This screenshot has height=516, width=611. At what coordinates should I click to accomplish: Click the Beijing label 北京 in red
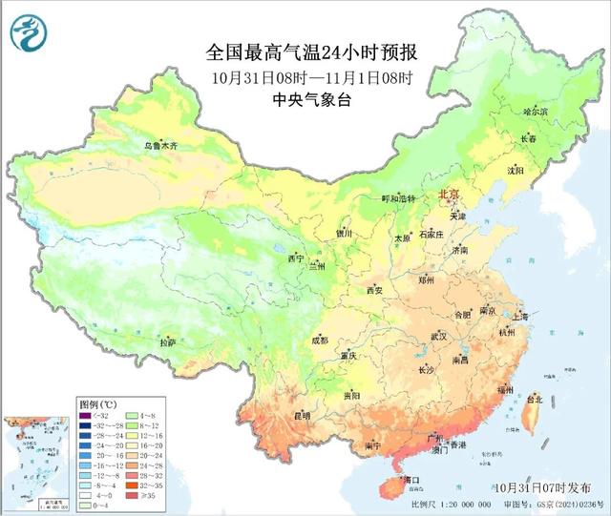tap(448, 195)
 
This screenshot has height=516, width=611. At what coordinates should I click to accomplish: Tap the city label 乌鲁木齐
tap(160, 146)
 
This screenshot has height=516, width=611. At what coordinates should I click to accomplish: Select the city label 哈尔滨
tap(536, 112)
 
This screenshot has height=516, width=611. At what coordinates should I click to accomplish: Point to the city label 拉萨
tap(168, 342)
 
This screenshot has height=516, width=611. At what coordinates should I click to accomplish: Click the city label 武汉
tap(438, 337)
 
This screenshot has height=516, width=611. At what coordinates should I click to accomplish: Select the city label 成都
tap(318, 340)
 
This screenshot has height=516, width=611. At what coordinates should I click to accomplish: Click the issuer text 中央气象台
tap(312, 99)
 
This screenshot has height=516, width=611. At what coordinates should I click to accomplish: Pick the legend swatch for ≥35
tap(133, 494)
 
